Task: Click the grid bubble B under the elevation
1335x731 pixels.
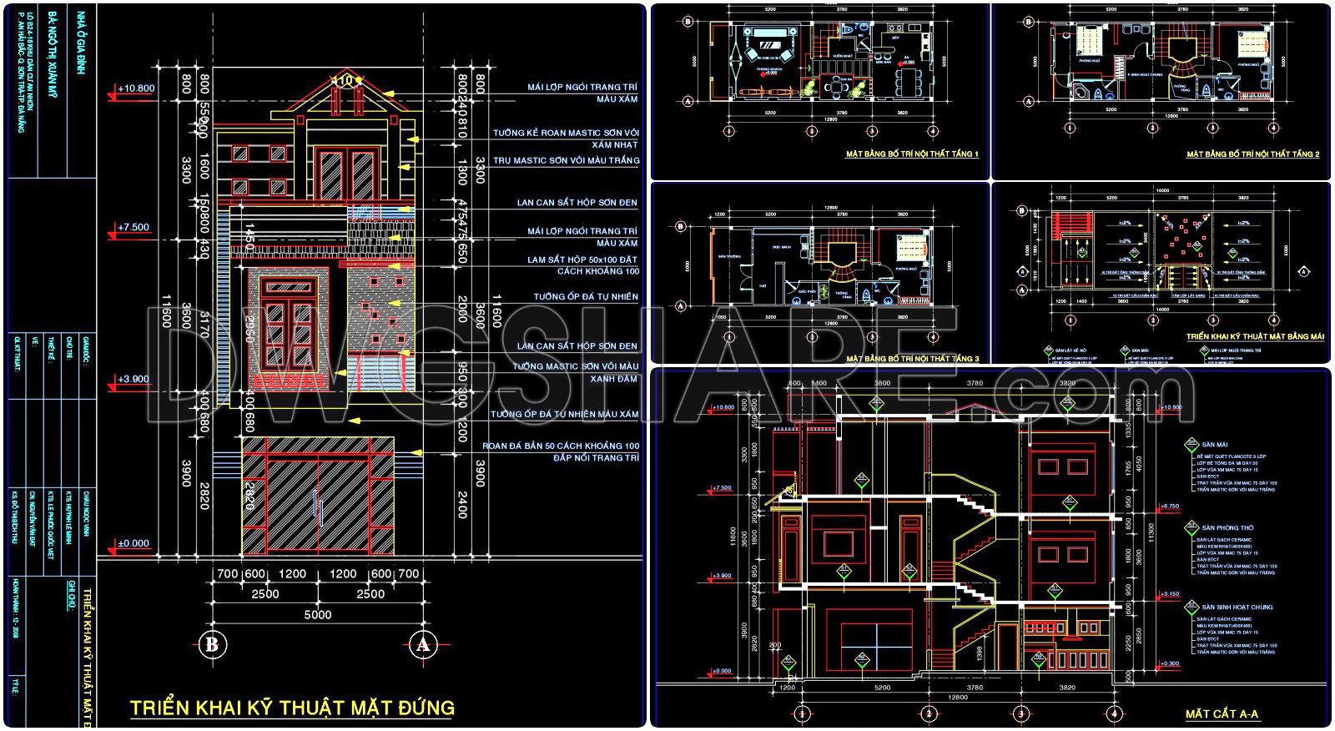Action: click(211, 643)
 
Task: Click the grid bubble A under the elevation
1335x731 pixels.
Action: click(422, 643)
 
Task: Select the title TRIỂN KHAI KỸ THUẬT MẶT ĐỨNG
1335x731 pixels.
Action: click(292, 708)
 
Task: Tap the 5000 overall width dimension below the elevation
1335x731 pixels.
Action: click(316, 615)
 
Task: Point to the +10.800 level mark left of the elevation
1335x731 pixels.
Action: click(137, 88)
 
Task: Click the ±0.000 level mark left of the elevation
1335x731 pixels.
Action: click(133, 543)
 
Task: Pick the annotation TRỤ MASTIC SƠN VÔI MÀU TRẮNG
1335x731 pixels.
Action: click(566, 160)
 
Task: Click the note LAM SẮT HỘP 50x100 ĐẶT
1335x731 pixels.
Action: click(582, 260)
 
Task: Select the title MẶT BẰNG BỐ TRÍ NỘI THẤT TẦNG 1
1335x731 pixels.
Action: click(911, 154)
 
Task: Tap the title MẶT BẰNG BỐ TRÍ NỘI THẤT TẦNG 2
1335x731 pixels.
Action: click(1252, 154)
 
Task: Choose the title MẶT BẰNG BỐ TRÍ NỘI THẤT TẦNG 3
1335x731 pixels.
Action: click(912, 358)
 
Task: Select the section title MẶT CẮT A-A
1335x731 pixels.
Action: click(1222, 714)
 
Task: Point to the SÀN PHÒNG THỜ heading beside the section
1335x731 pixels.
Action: click(1227, 528)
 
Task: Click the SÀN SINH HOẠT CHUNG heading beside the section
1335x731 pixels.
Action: click(1237, 607)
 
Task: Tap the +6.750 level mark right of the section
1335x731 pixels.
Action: click(1171, 506)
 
